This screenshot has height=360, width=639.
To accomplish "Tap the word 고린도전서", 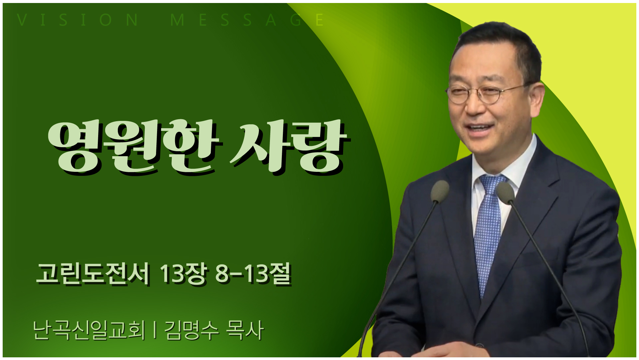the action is point(93,274).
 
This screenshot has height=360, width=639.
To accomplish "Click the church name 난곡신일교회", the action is point(89,330).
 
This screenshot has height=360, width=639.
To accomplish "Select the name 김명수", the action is point(191,330).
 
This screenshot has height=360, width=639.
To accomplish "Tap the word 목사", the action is point(245,330).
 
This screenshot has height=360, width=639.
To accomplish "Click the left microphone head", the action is point(440,191).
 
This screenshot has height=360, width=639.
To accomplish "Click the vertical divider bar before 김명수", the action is point(155,330).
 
